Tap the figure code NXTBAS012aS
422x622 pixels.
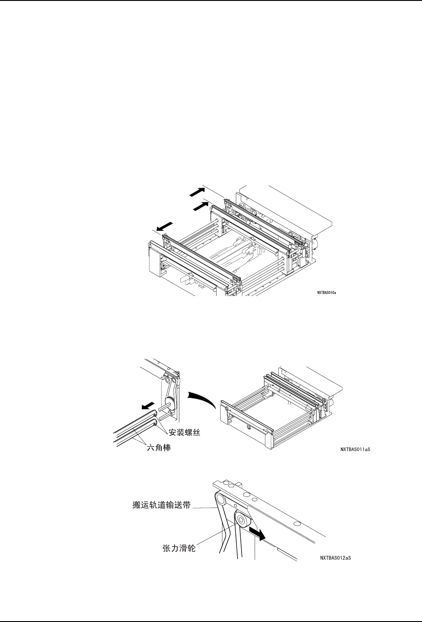tap(335, 558)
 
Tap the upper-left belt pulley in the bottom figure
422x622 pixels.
tap(221, 496)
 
